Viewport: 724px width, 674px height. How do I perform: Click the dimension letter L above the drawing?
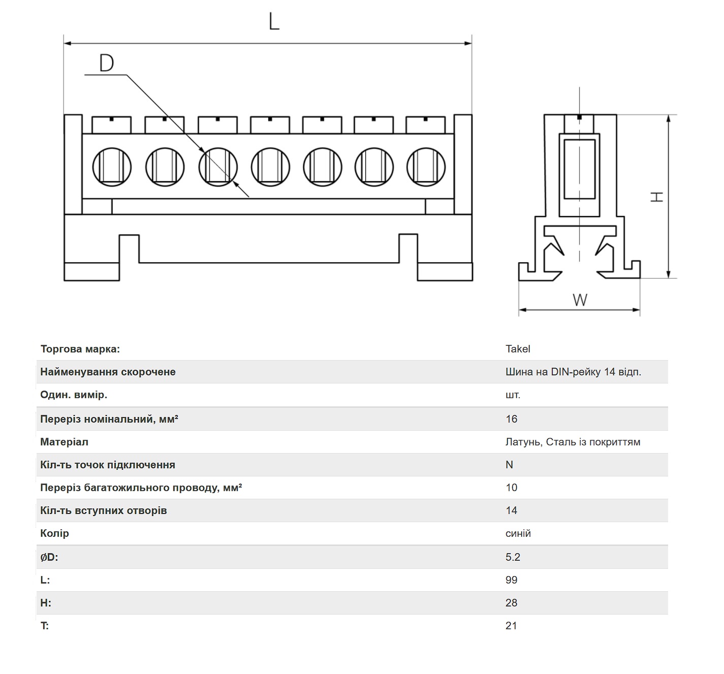tap(274, 21)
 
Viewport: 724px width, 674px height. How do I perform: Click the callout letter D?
tap(107, 63)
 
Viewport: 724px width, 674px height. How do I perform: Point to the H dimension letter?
tap(656, 197)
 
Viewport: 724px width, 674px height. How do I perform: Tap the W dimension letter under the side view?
tap(580, 300)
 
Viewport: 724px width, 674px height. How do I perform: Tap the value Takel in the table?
tap(518, 349)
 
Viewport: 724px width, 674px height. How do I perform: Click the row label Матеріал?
tap(64, 442)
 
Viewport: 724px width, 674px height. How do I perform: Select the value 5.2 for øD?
tap(513, 557)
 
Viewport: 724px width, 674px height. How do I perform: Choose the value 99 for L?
tap(511, 580)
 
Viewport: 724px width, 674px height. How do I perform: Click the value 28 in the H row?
tap(511, 603)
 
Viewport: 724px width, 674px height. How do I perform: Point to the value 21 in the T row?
tap(511, 626)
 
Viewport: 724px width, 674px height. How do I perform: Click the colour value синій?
tap(518, 533)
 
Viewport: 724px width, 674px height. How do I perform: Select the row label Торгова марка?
tap(80, 349)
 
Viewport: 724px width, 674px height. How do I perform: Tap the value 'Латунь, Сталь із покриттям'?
tap(573, 442)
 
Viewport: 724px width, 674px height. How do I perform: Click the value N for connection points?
tap(509, 465)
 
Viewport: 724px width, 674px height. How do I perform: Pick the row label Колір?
tap(54, 533)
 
